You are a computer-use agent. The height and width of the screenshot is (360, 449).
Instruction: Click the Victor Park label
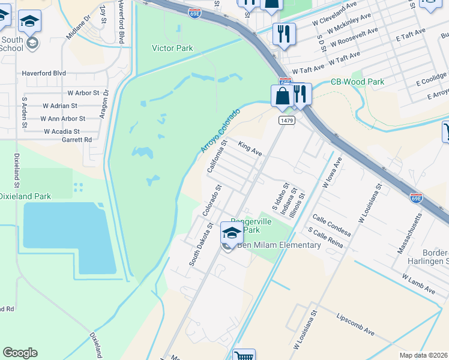172,48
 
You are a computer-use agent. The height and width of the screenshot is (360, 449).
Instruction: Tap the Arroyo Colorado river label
220,130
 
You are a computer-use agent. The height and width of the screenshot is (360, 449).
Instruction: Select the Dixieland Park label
25,196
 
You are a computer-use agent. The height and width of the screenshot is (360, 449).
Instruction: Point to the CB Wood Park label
357,82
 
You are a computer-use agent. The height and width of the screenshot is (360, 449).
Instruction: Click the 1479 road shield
286,121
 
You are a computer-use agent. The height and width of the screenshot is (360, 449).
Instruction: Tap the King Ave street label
250,149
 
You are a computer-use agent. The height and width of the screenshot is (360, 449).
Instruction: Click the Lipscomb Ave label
355,324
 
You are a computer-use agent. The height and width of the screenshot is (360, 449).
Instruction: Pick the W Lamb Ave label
418,284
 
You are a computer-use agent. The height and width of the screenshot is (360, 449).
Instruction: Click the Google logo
20,353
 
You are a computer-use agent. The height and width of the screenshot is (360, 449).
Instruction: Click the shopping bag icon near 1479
282,95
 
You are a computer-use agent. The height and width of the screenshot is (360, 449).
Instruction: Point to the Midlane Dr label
78,26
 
